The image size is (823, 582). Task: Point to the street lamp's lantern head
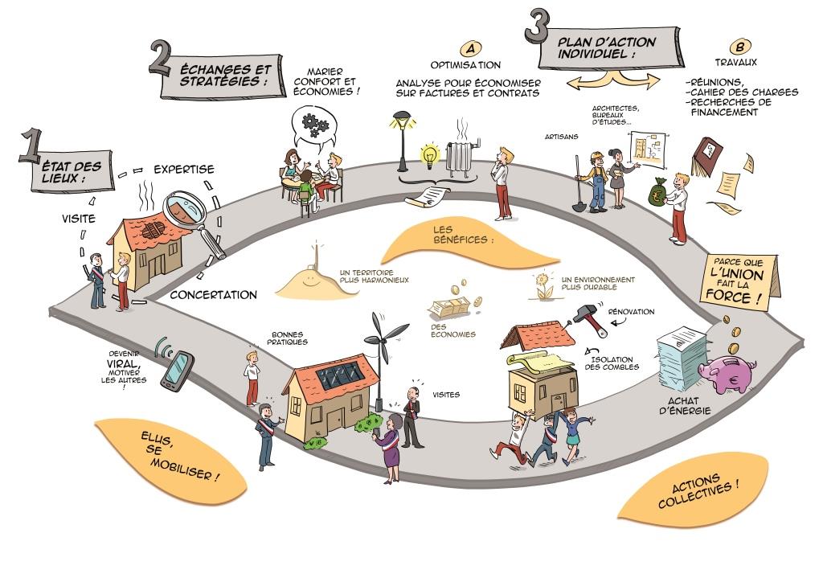(398, 122)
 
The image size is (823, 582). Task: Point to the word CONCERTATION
(214, 295)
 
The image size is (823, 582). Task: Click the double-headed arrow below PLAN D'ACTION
(612, 80)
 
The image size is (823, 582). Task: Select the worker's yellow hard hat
(597, 155)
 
